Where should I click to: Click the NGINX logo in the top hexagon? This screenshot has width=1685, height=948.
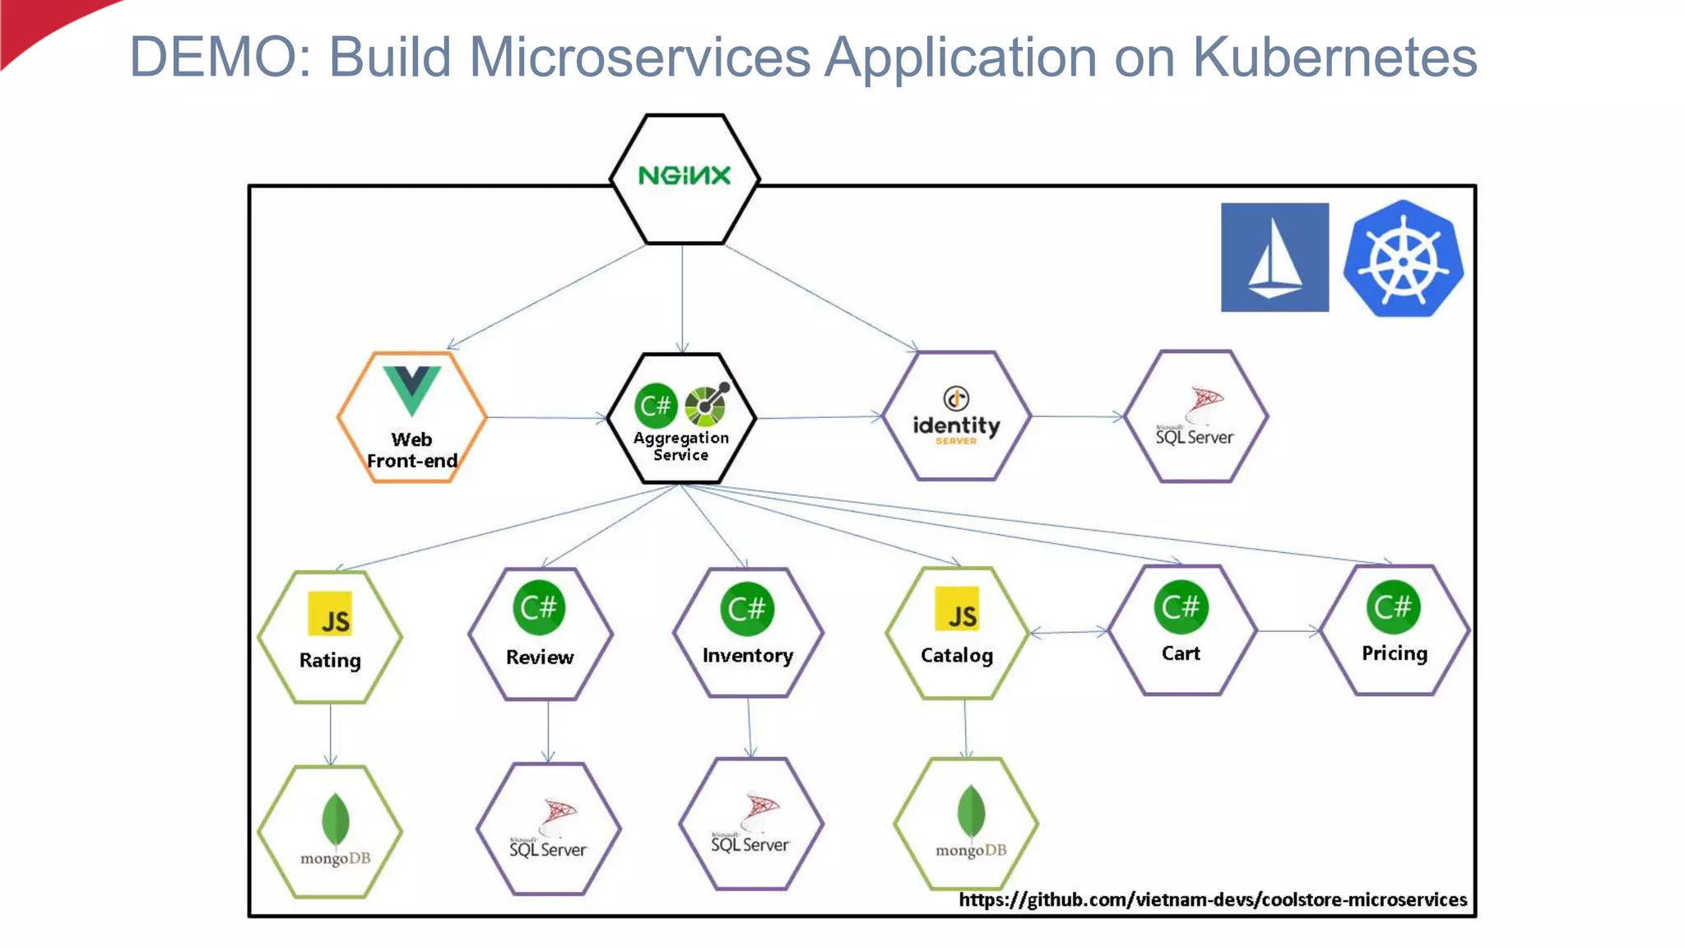[684, 175]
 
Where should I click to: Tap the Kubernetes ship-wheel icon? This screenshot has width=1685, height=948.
[1404, 258]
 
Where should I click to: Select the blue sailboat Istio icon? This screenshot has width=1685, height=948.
[1274, 258]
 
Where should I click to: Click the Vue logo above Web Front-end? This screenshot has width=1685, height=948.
[411, 389]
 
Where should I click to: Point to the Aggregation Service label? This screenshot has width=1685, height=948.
[681, 446]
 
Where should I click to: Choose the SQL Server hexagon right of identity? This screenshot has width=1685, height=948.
[1195, 416]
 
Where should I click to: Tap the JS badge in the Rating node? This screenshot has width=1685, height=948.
[330, 614]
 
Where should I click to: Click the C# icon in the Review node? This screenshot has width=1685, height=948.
[540, 608]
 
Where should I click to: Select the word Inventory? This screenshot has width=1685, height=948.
[748, 656]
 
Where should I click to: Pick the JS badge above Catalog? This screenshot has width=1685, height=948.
[957, 609]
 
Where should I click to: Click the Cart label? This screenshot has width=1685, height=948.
[1181, 653]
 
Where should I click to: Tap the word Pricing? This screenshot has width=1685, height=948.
[1395, 653]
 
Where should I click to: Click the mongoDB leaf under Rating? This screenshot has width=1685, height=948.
[335, 820]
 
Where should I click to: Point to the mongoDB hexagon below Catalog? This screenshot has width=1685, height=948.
[966, 824]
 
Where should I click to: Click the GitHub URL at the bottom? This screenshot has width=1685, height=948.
[1213, 899]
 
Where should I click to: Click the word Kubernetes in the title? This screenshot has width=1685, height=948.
[1335, 58]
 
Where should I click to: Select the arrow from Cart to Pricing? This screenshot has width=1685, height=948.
[1288, 631]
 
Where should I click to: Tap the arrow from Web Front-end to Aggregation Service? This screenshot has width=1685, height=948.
[546, 418]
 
